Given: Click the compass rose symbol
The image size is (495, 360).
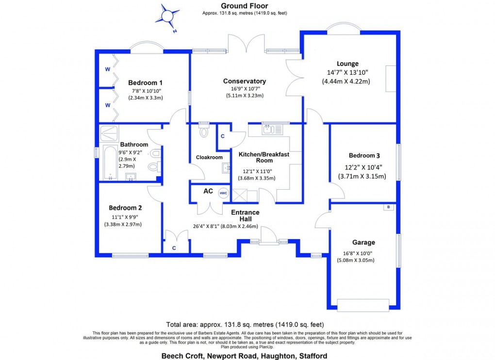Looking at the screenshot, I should (167, 16).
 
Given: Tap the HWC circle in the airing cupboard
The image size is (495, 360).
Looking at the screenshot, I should (223, 193).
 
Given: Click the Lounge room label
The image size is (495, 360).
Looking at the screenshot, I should (348, 64).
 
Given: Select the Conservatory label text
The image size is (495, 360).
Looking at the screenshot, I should (245, 81).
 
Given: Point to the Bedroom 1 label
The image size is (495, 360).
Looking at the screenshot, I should (146, 82).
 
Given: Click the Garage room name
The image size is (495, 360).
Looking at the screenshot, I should (363, 243).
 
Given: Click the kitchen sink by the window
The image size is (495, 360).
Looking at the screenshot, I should (269, 130).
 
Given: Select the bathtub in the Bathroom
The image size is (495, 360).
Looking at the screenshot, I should (110, 163).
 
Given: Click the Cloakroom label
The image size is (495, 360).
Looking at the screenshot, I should (209, 157).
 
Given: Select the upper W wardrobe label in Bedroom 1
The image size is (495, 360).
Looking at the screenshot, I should (108, 69).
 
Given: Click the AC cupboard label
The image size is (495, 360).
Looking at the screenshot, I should (208, 191).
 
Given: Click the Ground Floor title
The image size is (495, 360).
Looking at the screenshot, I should (245, 6).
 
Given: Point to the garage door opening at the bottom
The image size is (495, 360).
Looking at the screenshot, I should (363, 305).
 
